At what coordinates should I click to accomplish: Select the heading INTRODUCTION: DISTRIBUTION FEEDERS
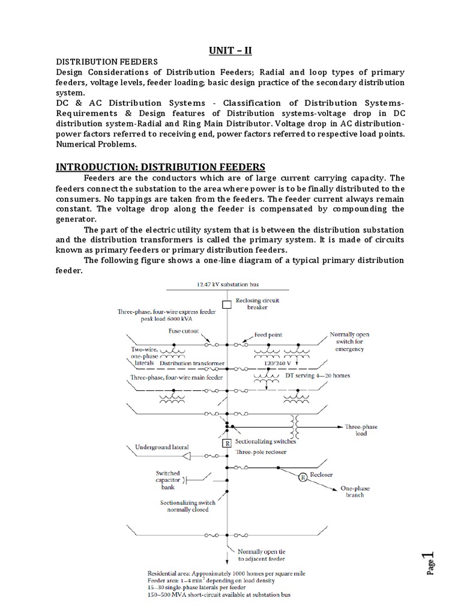point(160,166)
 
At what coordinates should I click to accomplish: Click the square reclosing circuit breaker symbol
point(227,305)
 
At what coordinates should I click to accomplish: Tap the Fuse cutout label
point(182,330)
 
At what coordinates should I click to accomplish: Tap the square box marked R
point(227,444)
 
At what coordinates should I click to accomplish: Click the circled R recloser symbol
point(303,477)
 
